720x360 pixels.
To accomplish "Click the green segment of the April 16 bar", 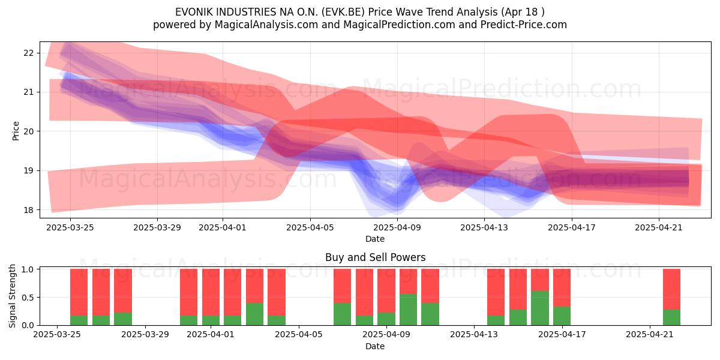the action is pyautogui.click(x=539, y=308).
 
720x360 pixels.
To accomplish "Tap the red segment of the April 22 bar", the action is pyautogui.click(x=671, y=289).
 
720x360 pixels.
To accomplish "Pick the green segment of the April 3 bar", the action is pyautogui.click(x=254, y=314).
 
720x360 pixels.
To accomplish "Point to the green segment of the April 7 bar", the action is pyautogui.click(x=343, y=314).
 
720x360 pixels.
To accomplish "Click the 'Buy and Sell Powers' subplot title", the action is pyautogui.click(x=375, y=257).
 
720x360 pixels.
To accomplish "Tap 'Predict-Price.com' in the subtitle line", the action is pyautogui.click(x=524, y=25).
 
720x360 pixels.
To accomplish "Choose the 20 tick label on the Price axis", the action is pyautogui.click(x=28, y=131).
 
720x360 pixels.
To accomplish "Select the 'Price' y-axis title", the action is pyautogui.click(x=16, y=131).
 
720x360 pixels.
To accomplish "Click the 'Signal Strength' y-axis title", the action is pyautogui.click(x=12, y=296).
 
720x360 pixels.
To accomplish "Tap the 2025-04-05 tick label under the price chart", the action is pyautogui.click(x=310, y=227).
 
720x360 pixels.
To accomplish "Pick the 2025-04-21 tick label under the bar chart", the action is pyautogui.click(x=650, y=335).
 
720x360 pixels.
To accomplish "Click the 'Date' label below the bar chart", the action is pyautogui.click(x=375, y=346).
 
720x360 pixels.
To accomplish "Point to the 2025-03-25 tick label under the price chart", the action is pyautogui.click(x=70, y=227).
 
